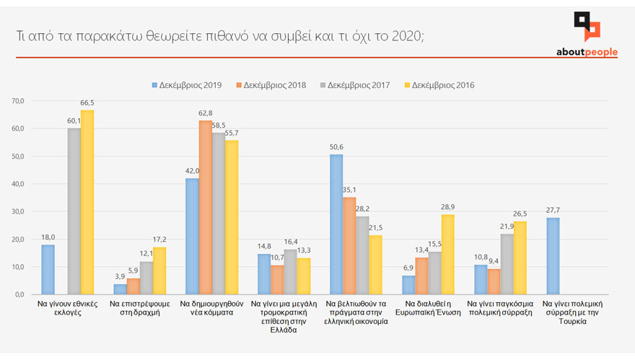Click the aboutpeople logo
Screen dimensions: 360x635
point(587,35)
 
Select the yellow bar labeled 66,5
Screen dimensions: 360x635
point(87,202)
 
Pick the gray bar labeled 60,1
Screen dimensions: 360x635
point(74,211)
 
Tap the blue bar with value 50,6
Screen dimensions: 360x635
point(336,224)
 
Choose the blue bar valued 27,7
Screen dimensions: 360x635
point(553,256)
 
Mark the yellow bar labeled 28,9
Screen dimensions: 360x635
point(447,255)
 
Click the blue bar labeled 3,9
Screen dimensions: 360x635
point(120,289)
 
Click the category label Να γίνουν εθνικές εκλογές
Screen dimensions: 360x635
point(67,309)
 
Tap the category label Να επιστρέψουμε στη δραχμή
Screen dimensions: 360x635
point(139,309)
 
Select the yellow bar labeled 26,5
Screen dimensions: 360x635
point(520,258)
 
